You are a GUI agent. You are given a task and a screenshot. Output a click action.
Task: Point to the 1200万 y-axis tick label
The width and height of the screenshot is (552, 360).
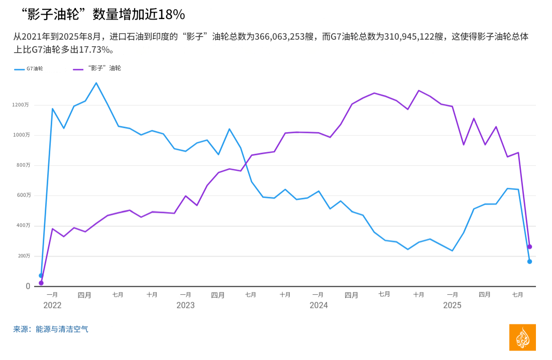21,105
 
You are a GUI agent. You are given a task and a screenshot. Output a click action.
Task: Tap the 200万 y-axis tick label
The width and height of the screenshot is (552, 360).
23,256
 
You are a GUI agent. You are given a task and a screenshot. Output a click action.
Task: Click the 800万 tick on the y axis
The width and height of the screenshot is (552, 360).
23,165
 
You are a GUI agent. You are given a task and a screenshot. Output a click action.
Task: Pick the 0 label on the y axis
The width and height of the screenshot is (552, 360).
28,286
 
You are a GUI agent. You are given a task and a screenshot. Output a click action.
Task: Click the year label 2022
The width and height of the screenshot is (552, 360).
52,305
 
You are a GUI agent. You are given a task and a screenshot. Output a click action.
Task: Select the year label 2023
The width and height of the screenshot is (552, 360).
185,305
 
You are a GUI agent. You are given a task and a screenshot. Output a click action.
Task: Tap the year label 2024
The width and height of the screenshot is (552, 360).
318,305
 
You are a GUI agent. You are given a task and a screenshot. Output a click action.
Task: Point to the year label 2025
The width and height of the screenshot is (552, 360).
452,305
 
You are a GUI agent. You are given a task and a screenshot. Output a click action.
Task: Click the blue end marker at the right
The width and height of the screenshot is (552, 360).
529,262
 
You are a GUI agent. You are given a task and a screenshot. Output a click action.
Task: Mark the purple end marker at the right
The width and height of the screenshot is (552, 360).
529,247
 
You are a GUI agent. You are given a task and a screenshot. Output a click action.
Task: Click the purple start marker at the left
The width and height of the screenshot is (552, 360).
41,283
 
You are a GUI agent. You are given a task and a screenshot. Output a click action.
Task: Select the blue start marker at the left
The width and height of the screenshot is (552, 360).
41,276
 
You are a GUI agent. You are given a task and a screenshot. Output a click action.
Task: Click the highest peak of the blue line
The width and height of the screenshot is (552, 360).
96,83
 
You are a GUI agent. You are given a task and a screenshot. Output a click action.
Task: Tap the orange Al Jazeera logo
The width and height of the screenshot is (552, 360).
522,337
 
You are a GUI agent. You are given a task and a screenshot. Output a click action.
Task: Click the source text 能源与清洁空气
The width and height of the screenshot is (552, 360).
62,329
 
